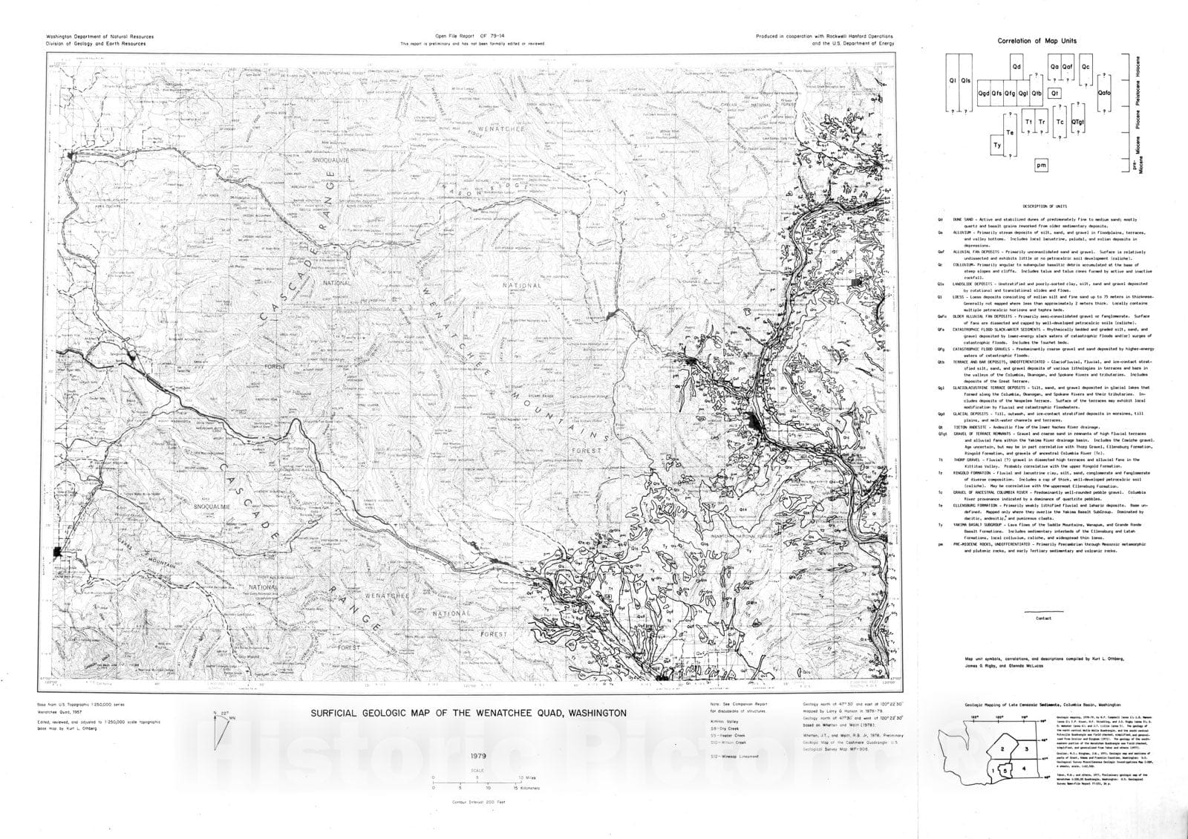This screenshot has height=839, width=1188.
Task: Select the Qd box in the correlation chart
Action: point(1016,67)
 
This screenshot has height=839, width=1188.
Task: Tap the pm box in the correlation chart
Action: point(1041,166)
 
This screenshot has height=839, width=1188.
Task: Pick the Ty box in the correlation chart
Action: point(997,146)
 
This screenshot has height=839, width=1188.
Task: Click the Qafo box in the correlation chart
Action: point(1103,93)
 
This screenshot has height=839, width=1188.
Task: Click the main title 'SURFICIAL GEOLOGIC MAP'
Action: point(468,713)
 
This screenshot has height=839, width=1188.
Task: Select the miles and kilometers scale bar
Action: point(481,780)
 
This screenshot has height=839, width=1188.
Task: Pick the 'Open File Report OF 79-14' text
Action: point(471,36)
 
